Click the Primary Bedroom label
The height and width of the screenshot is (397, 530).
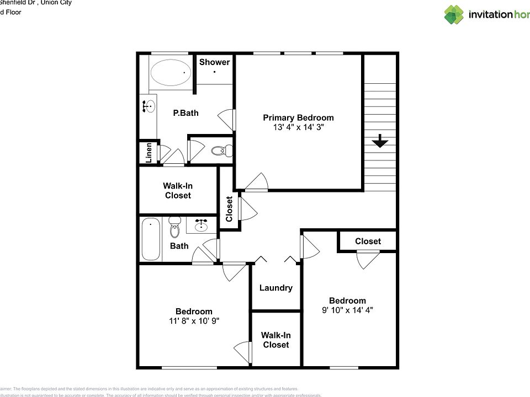(x=298, y=117)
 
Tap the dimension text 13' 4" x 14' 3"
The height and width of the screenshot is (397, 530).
(x=298, y=127)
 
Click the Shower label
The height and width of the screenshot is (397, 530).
(x=214, y=62)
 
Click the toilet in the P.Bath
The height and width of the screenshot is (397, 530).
(x=222, y=149)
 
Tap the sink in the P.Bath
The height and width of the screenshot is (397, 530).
(x=149, y=107)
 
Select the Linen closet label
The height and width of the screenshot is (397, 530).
(x=149, y=153)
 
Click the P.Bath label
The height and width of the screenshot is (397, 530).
(x=185, y=113)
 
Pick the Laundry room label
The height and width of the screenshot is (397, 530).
(x=275, y=287)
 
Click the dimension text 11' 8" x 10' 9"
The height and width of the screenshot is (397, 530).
(x=194, y=320)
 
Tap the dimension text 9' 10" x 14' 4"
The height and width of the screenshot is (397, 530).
(x=347, y=310)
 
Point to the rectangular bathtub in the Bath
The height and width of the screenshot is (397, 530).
(x=151, y=240)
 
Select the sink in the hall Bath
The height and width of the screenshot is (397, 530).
(x=201, y=225)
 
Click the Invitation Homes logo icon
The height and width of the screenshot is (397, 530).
(x=454, y=15)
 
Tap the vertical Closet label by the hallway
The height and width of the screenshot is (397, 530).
(x=229, y=210)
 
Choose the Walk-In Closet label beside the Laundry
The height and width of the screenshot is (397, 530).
(x=275, y=340)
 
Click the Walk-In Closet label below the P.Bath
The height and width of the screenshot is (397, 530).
(x=177, y=191)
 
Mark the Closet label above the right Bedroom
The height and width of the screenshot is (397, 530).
(x=368, y=241)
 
